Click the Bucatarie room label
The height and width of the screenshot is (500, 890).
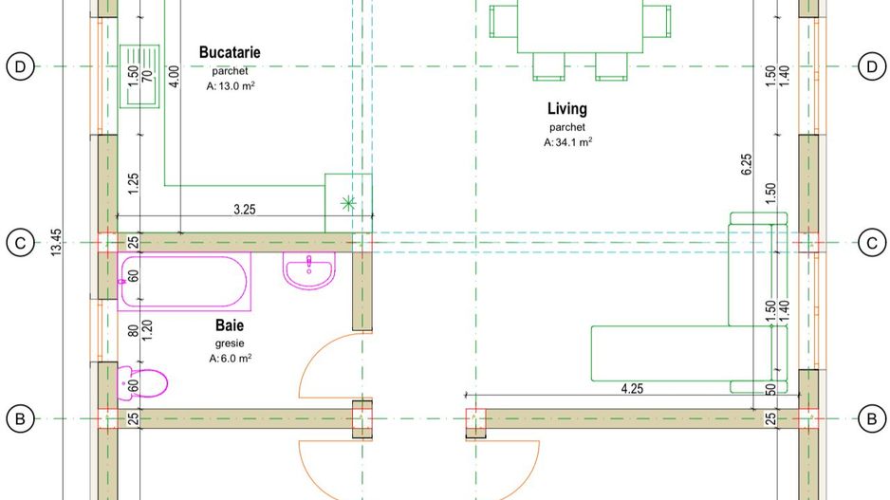pos(230,53)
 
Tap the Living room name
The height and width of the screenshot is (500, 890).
pos(567,109)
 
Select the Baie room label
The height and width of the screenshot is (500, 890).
pos(230,325)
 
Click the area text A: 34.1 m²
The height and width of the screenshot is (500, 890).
pos(567,142)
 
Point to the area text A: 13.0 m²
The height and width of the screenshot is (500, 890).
pos(231,86)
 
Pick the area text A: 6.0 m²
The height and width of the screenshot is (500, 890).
pos(230,358)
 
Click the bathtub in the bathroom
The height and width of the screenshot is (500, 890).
pos(184,282)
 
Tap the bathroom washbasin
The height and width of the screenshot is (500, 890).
pos(309,270)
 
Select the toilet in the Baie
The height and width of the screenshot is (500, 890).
pos(142,383)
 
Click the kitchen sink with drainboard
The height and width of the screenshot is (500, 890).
pos(139,77)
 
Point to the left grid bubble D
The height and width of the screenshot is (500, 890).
pos(21,67)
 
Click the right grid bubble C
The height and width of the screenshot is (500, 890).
pos(872,243)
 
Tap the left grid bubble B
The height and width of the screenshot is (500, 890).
pos(21,418)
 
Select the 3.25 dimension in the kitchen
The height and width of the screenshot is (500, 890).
pos(245,210)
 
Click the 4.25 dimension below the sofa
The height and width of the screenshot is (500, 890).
pos(632,389)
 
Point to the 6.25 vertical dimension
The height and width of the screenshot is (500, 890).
pos(747,164)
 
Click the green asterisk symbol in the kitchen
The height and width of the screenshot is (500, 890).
pos(348,203)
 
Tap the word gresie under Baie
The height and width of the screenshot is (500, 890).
pos(230,343)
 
